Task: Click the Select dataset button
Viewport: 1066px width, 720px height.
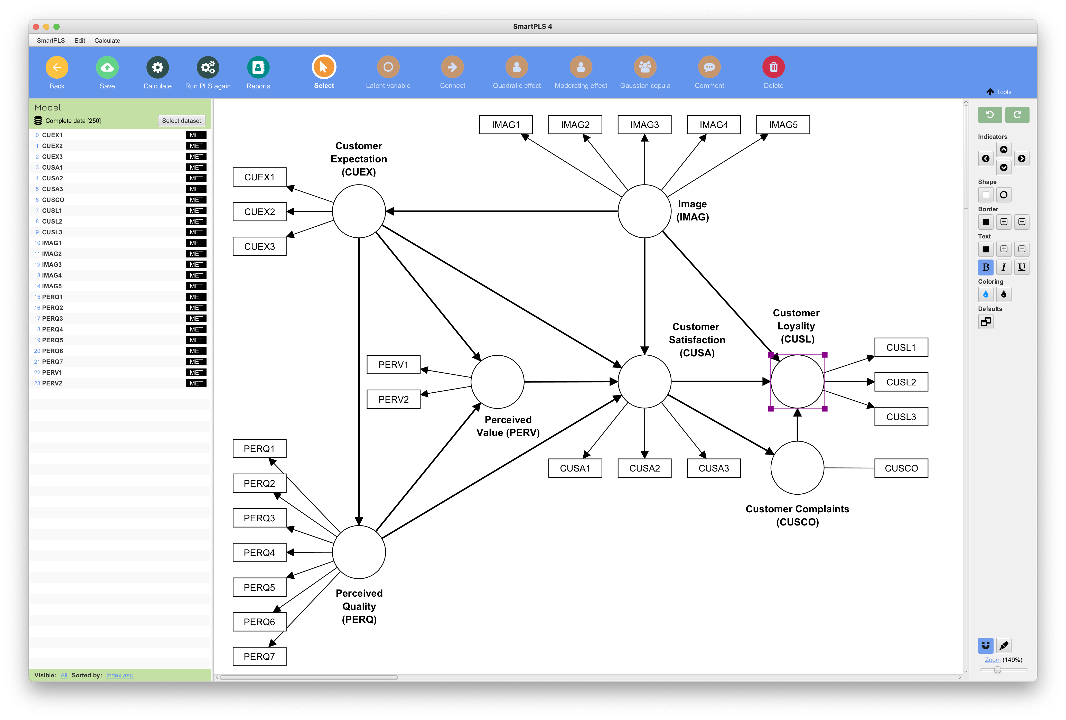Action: (181, 121)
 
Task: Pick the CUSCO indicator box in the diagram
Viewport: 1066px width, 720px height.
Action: (901, 468)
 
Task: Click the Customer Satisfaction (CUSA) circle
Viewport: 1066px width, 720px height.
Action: (644, 381)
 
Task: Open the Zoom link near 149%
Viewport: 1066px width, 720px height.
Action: (992, 660)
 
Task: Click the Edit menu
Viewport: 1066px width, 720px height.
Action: (80, 40)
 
